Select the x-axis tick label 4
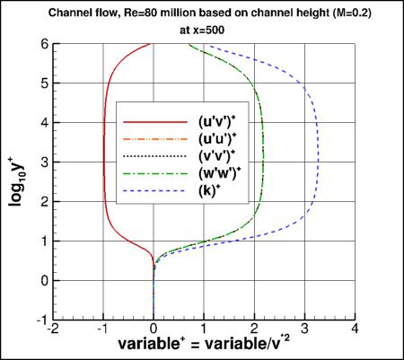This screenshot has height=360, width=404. pos(356,329)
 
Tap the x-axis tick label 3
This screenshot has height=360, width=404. pos(305,329)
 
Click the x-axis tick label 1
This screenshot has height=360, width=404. pos(204,329)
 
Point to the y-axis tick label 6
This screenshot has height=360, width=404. pos(43,44)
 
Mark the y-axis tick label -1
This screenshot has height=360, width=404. pos(40,319)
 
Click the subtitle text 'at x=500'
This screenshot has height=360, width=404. pos(205,27)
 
